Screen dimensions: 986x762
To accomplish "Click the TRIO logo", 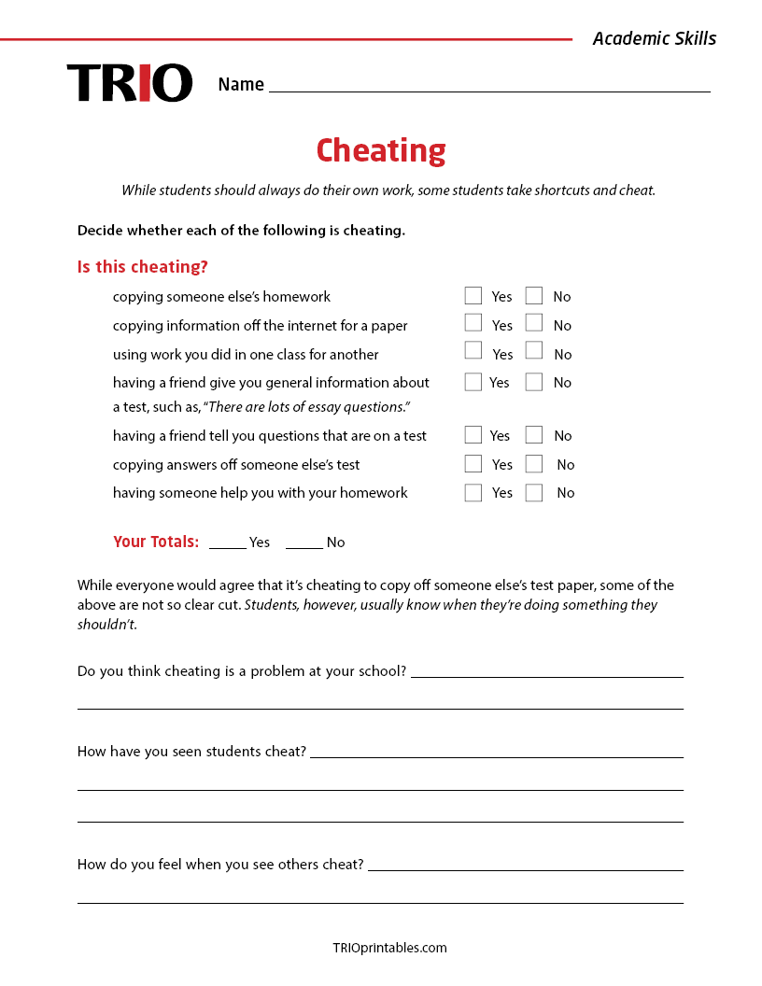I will point(130,83).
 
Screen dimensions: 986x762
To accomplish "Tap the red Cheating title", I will point(381,150).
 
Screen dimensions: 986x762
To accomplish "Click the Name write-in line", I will point(489,86).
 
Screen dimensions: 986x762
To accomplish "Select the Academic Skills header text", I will point(655,38).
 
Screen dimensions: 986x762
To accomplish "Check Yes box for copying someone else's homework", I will point(473,296).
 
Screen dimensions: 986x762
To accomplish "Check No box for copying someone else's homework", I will point(534,296).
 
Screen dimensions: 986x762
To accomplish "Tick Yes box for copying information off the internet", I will point(473,323).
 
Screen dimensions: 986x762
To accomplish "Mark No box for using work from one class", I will point(534,351).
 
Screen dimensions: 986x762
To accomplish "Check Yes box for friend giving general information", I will point(473,382).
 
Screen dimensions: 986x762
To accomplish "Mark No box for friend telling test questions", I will point(534,435).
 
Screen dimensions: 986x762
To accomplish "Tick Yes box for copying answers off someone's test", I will point(473,464).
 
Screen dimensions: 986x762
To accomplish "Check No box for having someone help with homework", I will point(534,493).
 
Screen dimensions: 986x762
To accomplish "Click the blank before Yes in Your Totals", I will point(228,542).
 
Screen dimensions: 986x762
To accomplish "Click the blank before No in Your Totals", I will point(304,542).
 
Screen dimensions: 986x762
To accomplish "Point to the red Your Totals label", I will point(156,542).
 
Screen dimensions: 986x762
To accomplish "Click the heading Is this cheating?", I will point(143,267).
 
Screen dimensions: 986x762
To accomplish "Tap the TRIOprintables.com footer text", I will point(389,948).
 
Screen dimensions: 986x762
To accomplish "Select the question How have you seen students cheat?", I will point(191,752).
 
